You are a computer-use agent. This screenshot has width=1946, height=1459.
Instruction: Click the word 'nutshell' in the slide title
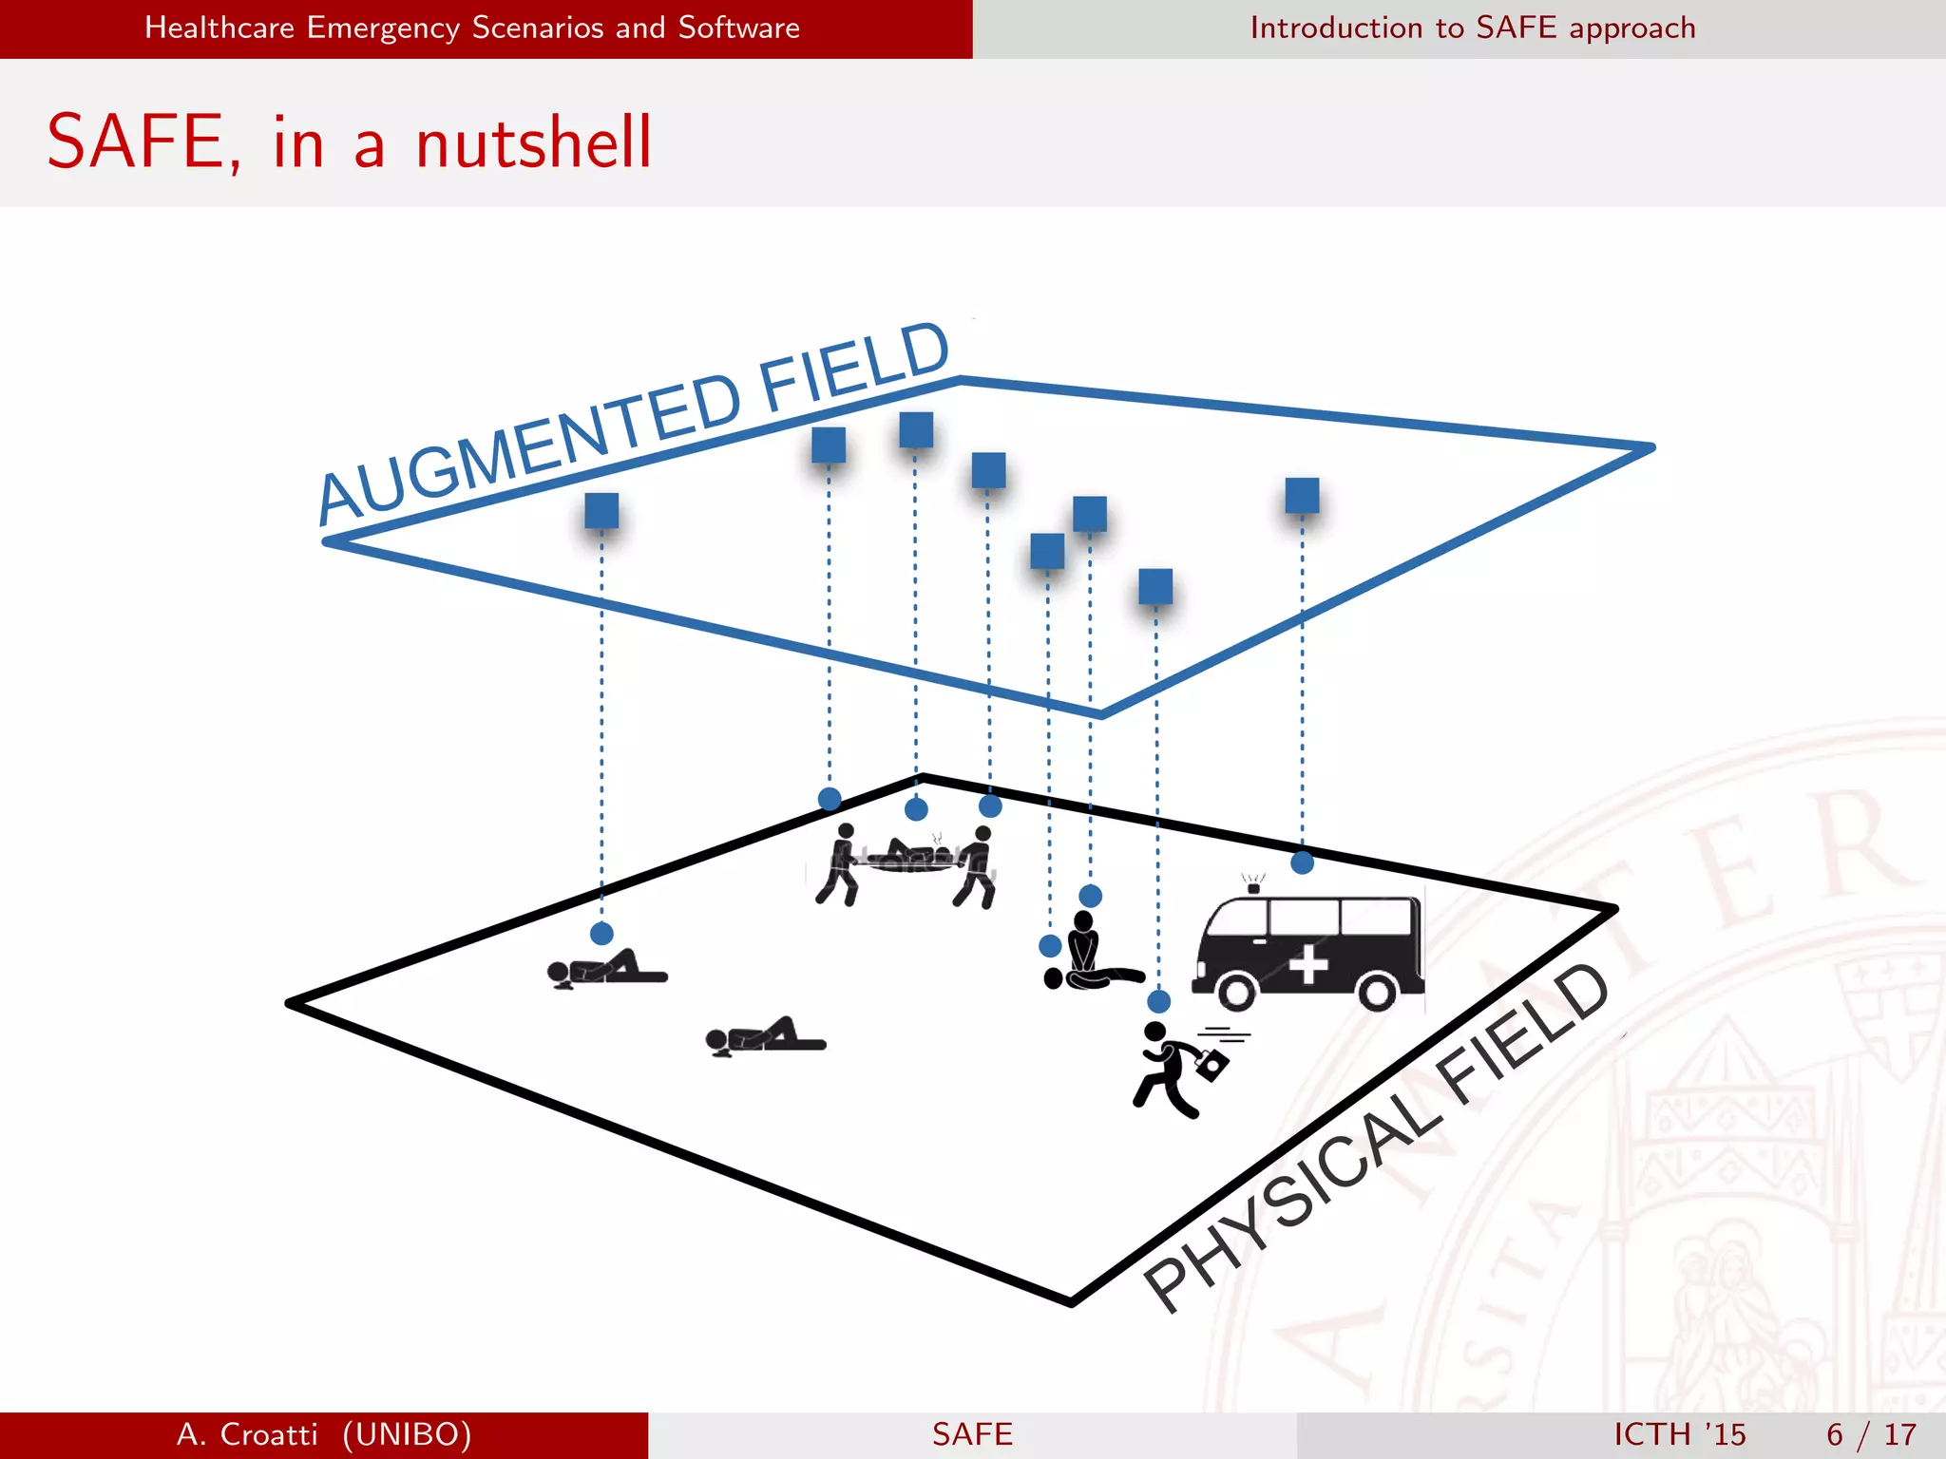[x=533, y=143]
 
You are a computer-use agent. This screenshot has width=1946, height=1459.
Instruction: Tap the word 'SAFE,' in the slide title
[x=143, y=143]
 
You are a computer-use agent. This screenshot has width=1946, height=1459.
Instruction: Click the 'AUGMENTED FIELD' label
[x=633, y=423]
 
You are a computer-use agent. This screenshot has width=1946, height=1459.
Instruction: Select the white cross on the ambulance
[x=1308, y=964]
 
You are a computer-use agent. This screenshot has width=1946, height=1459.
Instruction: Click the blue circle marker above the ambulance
[x=1302, y=862]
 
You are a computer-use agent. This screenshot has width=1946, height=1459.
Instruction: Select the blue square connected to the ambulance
[x=1302, y=495]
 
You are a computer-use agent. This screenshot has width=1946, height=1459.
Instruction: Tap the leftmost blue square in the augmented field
[x=601, y=510]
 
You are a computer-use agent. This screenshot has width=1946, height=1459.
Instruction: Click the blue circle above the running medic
[x=1158, y=1001]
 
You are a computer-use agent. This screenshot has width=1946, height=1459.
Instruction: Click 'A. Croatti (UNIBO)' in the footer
[x=324, y=1434]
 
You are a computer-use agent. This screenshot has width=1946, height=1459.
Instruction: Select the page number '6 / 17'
[x=1871, y=1434]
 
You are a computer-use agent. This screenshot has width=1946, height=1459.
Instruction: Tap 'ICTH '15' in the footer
[x=1679, y=1434]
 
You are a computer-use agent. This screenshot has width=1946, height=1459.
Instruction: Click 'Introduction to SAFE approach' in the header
[x=1472, y=28]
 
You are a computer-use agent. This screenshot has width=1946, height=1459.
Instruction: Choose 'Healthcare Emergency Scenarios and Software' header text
[x=472, y=28]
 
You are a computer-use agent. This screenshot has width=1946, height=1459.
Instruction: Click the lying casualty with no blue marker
[x=766, y=1036]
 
